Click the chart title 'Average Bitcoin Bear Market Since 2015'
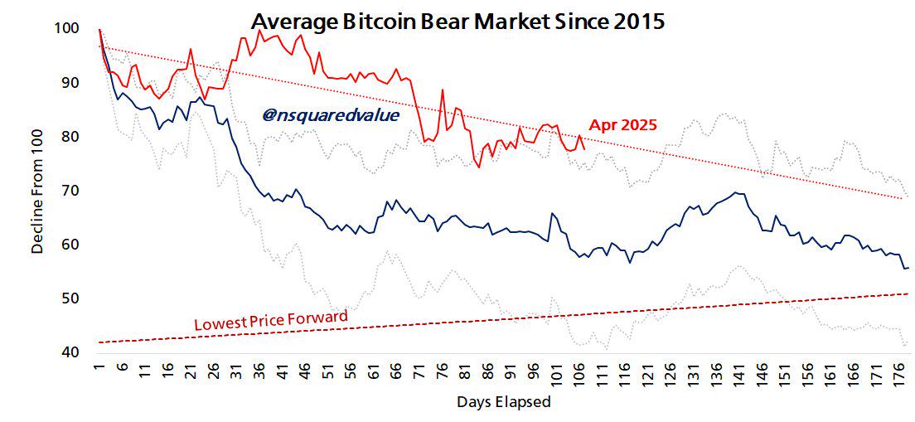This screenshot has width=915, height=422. pyautogui.click(x=457, y=21)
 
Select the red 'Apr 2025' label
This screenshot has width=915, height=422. pyautogui.click(x=622, y=126)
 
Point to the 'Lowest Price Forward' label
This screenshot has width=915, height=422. pyautogui.click(x=270, y=320)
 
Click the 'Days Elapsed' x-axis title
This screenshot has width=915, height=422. pyautogui.click(x=503, y=403)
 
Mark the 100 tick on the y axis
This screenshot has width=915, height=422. pyautogui.click(x=66, y=29)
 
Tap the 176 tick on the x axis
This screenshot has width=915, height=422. pyautogui.click(x=898, y=372)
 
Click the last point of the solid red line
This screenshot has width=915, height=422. pyautogui.click(x=585, y=149)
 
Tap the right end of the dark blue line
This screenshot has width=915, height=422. pyautogui.click(x=908, y=268)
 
